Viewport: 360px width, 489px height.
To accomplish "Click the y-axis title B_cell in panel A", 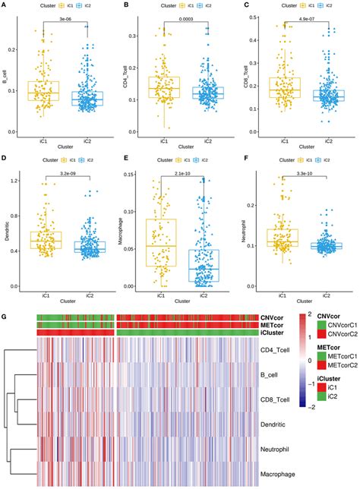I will click(5, 76).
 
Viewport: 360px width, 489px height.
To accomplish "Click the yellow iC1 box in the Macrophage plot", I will click(162, 241).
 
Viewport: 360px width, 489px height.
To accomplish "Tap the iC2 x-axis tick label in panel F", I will click(330, 292).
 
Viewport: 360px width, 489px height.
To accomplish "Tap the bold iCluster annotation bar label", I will click(277, 333).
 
